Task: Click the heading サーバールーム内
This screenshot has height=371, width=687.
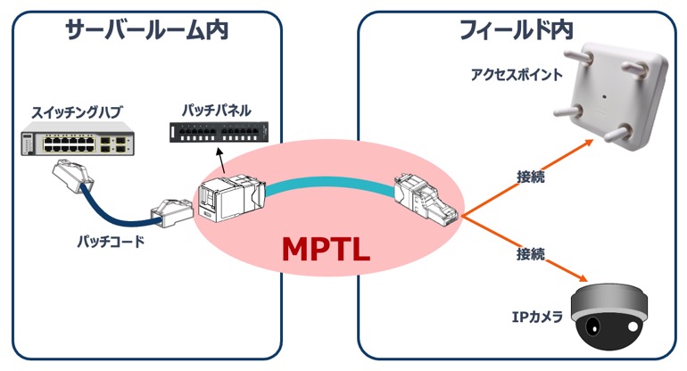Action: [146, 31]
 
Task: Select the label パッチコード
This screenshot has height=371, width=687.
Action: [111, 242]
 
